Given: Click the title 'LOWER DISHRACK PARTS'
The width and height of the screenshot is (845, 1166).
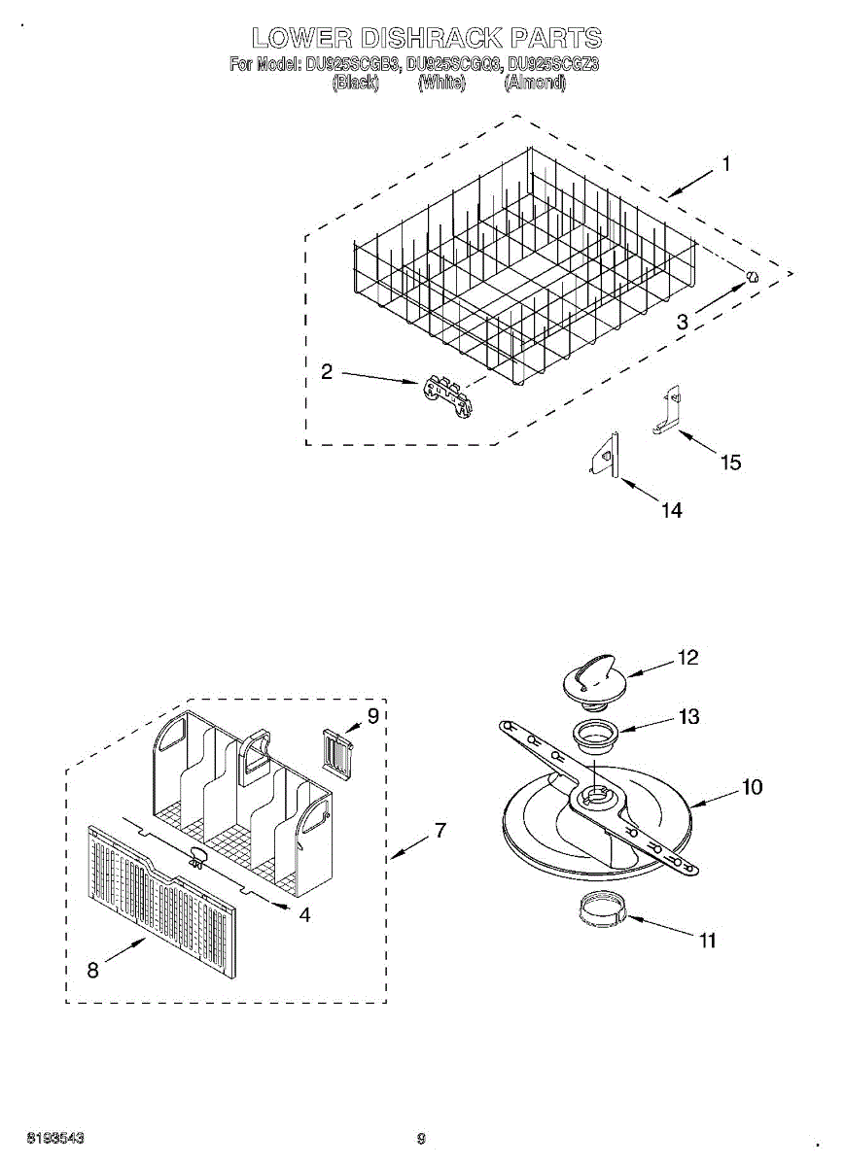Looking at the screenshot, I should pyautogui.click(x=426, y=38).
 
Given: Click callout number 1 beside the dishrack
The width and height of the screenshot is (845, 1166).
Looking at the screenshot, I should pyautogui.click(x=725, y=165).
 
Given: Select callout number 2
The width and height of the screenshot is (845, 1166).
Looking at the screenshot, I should pyautogui.click(x=327, y=371).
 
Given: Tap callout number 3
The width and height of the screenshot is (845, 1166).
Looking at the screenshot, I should pyautogui.click(x=683, y=321).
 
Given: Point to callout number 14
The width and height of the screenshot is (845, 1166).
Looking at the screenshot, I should pyautogui.click(x=671, y=510).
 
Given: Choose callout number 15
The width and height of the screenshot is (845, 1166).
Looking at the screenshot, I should pyautogui.click(x=729, y=463).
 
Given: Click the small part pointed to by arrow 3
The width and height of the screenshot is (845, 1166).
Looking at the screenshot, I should pyautogui.click(x=751, y=276).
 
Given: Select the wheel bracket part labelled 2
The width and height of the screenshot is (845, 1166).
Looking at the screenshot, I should pyautogui.click(x=448, y=396).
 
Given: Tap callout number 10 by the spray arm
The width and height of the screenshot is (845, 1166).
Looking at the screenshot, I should pyautogui.click(x=752, y=787).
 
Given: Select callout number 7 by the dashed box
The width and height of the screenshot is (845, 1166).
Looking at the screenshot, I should pyautogui.click(x=440, y=831).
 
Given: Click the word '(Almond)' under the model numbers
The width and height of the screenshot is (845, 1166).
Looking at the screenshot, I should pyautogui.click(x=535, y=84).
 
